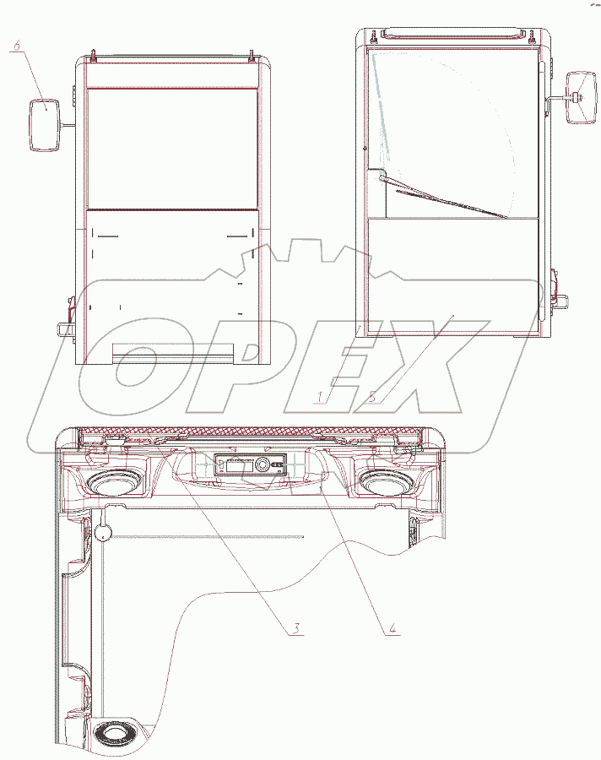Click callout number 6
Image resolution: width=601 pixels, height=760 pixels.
coord(17,46)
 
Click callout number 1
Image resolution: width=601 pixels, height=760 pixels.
coord(320,397)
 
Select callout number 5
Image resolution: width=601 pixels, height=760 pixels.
coord(372,397)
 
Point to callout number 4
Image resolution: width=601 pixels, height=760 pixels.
coord(393,627)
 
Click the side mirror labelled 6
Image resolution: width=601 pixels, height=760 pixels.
coord(45,125)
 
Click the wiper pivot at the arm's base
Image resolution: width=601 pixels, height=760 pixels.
coord(382,178)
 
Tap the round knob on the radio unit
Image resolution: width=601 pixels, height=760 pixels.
coord(263,464)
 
